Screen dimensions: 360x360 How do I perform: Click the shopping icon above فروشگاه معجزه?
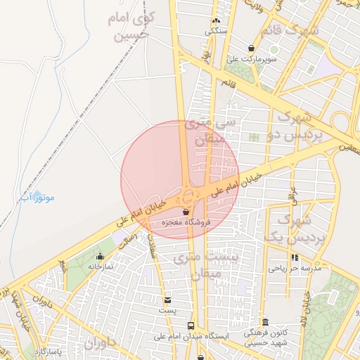(x=186, y=211)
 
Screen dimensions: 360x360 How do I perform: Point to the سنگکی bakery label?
(x=216, y=31)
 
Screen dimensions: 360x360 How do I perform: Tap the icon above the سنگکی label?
(x=215, y=20)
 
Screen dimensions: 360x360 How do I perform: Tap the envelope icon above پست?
(x=167, y=300)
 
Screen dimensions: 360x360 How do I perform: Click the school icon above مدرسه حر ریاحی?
(x=295, y=257)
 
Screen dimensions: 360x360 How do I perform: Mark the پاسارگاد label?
(x=49, y=349)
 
